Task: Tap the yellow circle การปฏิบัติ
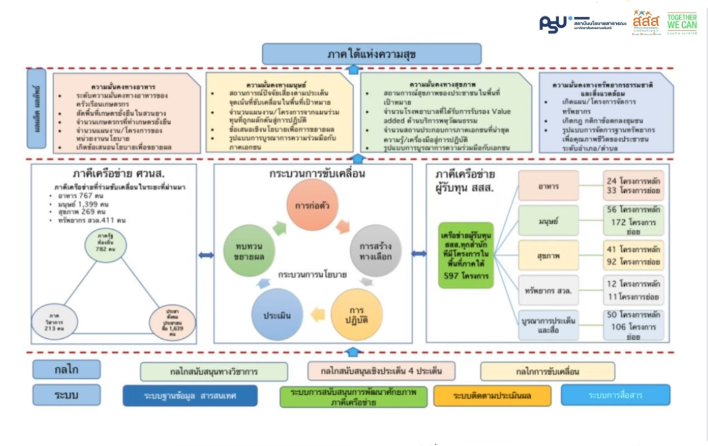(356, 315)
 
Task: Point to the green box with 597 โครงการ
(466, 255)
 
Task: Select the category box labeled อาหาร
(548, 185)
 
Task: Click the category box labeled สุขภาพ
(548, 255)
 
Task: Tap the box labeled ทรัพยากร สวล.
(548, 290)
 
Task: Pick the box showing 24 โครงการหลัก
(633, 185)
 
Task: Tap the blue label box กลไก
(66, 370)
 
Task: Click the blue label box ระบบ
(66, 395)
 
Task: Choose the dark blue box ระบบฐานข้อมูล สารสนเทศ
(190, 395)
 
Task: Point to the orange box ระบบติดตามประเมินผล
(492, 395)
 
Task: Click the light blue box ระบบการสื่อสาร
(615, 395)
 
